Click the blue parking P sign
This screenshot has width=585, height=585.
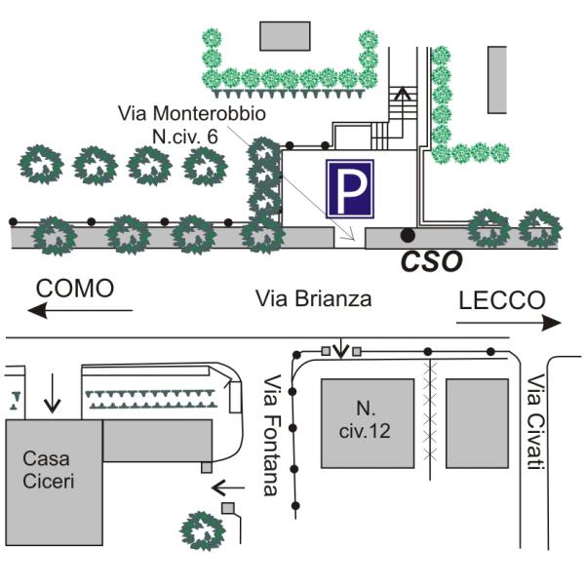click(350, 189)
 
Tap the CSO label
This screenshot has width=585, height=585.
click(433, 261)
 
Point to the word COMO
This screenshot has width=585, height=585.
click(75, 289)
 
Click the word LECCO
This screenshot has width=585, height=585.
click(500, 300)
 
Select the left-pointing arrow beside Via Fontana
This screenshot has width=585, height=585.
click(228, 484)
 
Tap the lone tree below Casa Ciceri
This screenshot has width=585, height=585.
click(205, 529)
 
